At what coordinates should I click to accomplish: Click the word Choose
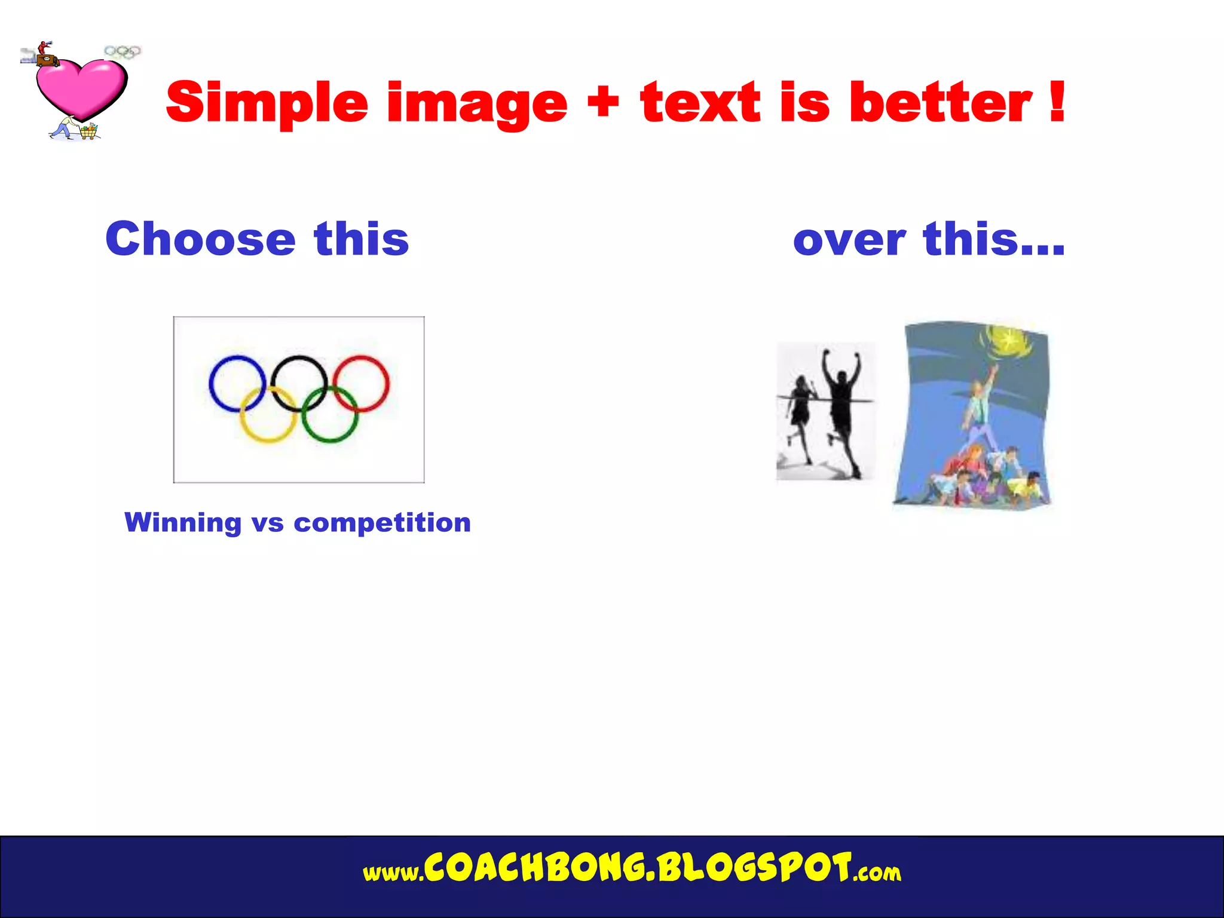[200, 239]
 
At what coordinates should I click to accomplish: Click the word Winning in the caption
[183, 522]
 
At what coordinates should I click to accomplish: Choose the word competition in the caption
[382, 524]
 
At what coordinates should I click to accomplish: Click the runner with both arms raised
[841, 406]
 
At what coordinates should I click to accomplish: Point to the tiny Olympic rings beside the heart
[123, 52]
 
